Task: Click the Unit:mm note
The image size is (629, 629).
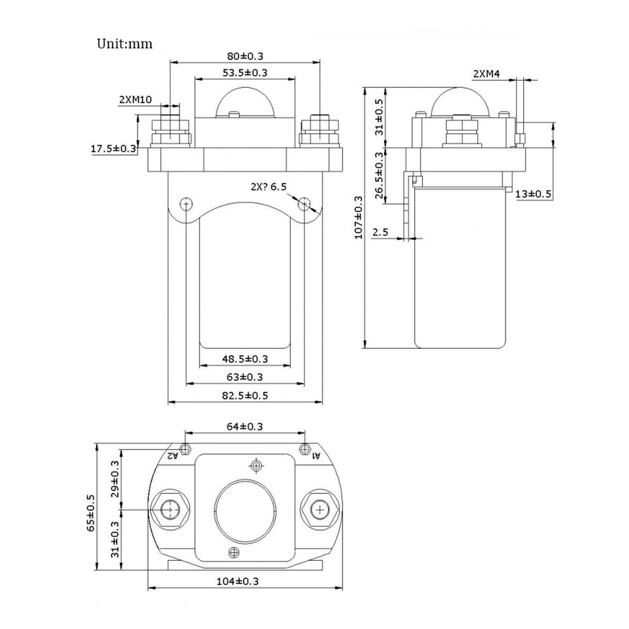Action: point(124,44)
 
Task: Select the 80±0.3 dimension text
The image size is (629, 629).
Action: point(245,56)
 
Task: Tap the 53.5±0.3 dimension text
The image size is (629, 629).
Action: point(245,72)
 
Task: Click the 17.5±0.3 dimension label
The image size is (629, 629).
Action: point(113,149)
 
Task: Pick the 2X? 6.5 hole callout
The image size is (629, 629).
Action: point(268,187)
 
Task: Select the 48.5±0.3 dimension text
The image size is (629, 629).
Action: point(245,359)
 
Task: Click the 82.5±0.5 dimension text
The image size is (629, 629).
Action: point(245,395)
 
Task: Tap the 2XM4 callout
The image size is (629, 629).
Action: point(486,74)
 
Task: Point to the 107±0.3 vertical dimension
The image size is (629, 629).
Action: point(359,217)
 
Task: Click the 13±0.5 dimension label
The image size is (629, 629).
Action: point(533,194)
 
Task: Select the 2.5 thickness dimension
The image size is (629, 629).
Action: point(380,232)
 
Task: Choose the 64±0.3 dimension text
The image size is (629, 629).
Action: point(245,427)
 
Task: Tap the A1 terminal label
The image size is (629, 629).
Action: point(316,456)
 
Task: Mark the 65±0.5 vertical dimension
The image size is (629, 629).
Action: point(91,512)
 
